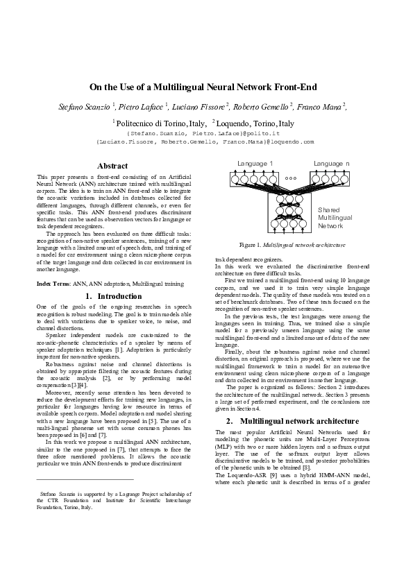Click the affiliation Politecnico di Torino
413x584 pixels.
coord(150,123)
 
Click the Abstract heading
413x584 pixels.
coord(112,166)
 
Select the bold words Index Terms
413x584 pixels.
coord(53,284)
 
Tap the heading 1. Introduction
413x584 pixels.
coord(112,296)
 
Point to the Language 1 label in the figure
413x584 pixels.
coord(255,164)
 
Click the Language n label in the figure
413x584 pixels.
coord(331,164)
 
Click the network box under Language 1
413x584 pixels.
coord(255,178)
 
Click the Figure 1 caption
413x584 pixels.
coord(292,246)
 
